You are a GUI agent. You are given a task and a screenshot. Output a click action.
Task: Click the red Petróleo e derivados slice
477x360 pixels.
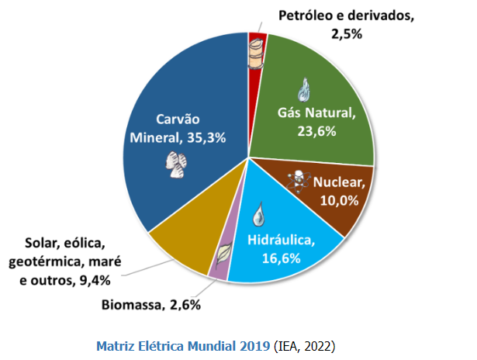pos(257,78)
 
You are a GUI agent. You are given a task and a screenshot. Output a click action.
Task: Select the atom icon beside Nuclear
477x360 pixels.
pos(296,179)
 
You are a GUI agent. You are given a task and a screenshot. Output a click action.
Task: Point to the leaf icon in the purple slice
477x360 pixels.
pos(223,253)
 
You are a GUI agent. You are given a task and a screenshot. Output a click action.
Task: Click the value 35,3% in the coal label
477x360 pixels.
pos(206,138)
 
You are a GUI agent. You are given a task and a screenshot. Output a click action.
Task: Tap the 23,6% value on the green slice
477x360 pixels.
pos(316,131)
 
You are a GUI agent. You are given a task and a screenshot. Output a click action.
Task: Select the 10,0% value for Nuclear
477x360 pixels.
pos(339,200)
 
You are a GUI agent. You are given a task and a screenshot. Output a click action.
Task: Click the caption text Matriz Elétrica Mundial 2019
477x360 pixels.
pos(183,344)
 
